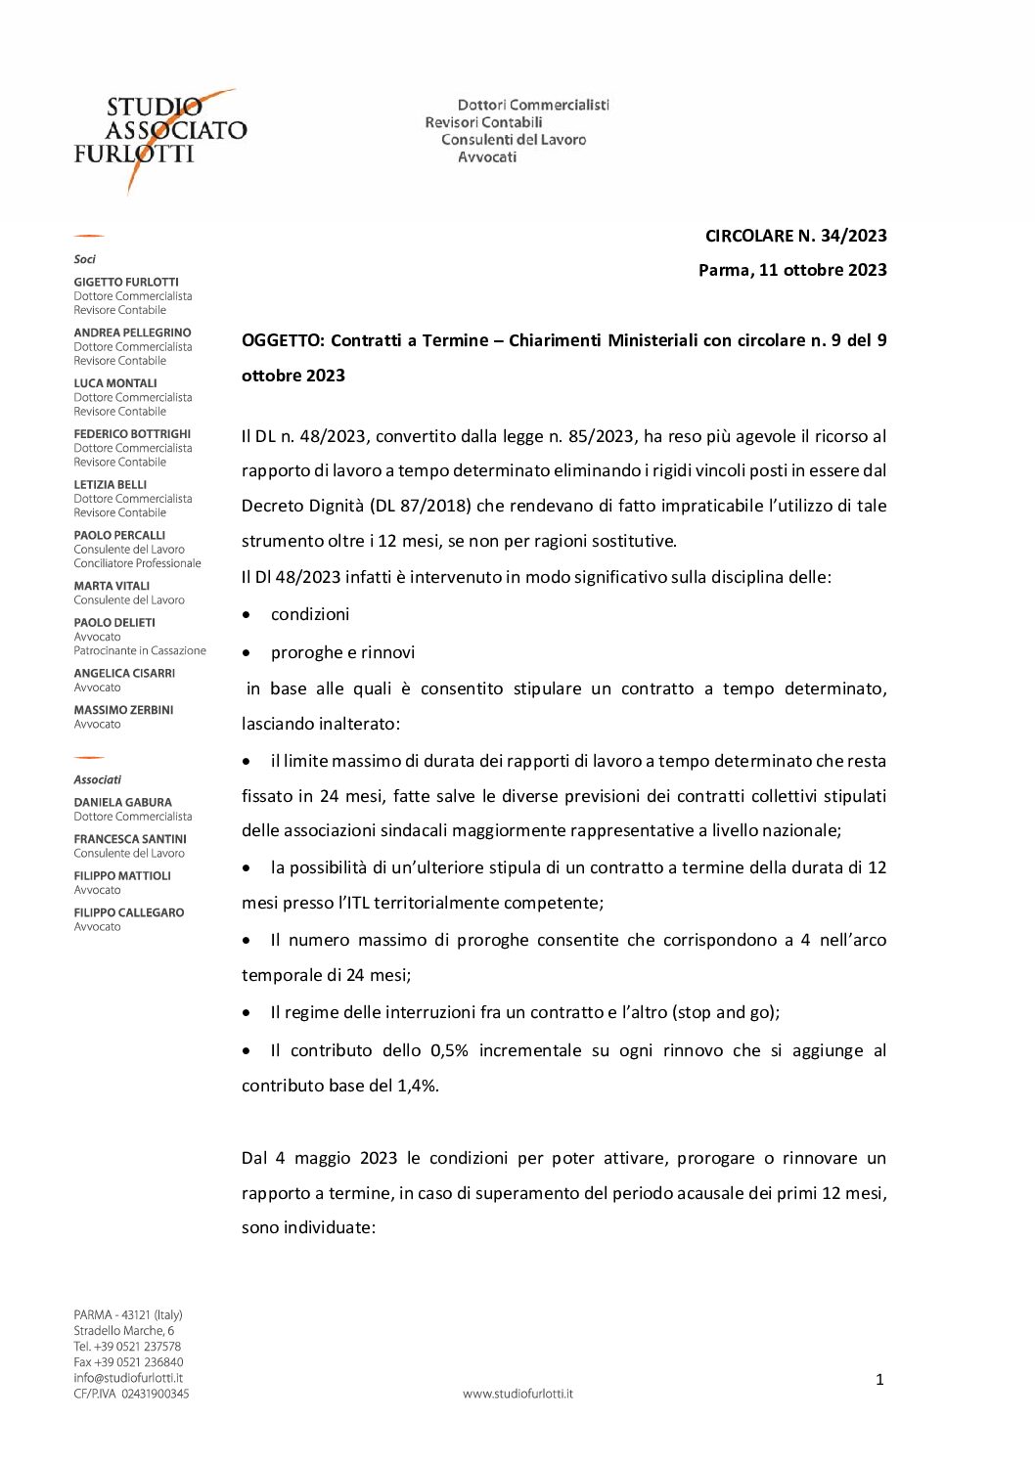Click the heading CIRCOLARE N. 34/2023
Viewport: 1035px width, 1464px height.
point(795,236)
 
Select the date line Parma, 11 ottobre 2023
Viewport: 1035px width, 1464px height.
point(792,270)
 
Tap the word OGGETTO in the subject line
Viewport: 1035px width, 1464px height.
point(282,340)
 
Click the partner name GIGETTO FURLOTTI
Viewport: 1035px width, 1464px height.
point(126,282)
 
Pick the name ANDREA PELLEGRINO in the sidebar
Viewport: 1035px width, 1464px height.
point(132,333)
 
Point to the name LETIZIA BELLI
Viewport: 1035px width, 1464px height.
point(110,484)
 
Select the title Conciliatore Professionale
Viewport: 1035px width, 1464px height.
point(137,563)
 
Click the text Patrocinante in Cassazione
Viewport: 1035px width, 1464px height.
point(140,650)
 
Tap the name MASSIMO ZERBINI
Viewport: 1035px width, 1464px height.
point(123,710)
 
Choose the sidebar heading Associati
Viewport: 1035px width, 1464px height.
point(98,779)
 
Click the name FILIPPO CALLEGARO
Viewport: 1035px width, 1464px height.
point(128,912)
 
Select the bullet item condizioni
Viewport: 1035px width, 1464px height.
point(310,614)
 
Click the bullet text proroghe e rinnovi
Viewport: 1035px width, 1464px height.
point(342,652)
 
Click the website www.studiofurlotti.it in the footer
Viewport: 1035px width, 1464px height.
point(517,1394)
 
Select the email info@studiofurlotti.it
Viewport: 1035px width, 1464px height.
point(128,1378)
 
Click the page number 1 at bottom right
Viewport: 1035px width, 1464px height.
point(879,1380)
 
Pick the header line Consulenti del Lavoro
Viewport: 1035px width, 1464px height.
point(514,140)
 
